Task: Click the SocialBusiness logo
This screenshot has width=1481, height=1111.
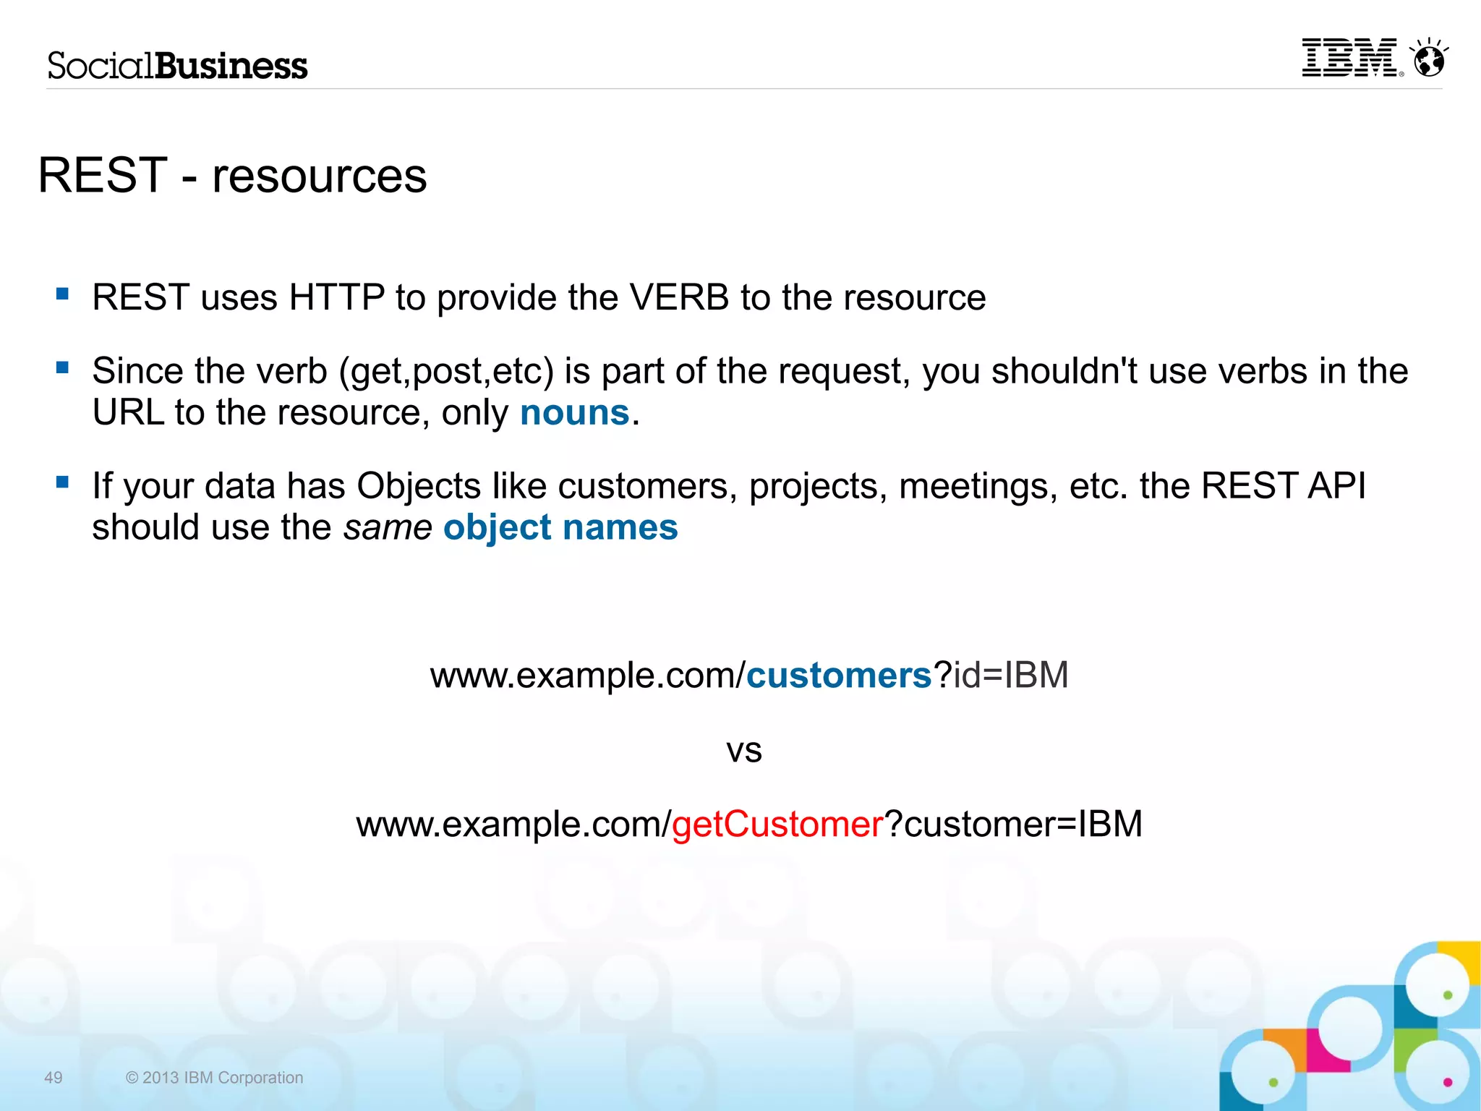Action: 177,66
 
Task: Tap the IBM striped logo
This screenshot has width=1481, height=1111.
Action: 1349,58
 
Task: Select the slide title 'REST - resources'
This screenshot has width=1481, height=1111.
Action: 232,176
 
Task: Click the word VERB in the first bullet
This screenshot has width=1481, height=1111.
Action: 679,297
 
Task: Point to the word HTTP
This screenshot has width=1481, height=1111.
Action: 336,297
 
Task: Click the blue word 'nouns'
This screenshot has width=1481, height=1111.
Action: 575,413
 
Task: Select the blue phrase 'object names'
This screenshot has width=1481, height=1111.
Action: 560,527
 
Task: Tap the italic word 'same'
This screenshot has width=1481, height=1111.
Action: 388,527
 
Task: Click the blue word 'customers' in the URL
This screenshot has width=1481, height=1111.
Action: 839,676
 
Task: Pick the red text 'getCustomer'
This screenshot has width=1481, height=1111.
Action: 777,825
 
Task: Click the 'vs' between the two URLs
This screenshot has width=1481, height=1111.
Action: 744,751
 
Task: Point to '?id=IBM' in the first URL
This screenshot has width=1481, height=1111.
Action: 1001,676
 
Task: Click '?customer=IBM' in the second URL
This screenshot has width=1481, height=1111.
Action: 1014,825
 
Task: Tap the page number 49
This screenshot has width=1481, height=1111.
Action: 54,1078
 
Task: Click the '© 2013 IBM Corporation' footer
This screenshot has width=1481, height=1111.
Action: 215,1078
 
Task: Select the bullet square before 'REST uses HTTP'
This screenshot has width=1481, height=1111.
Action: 63,294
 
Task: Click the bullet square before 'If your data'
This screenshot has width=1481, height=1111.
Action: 63,482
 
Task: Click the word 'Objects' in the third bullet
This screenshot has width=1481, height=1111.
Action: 419,485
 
